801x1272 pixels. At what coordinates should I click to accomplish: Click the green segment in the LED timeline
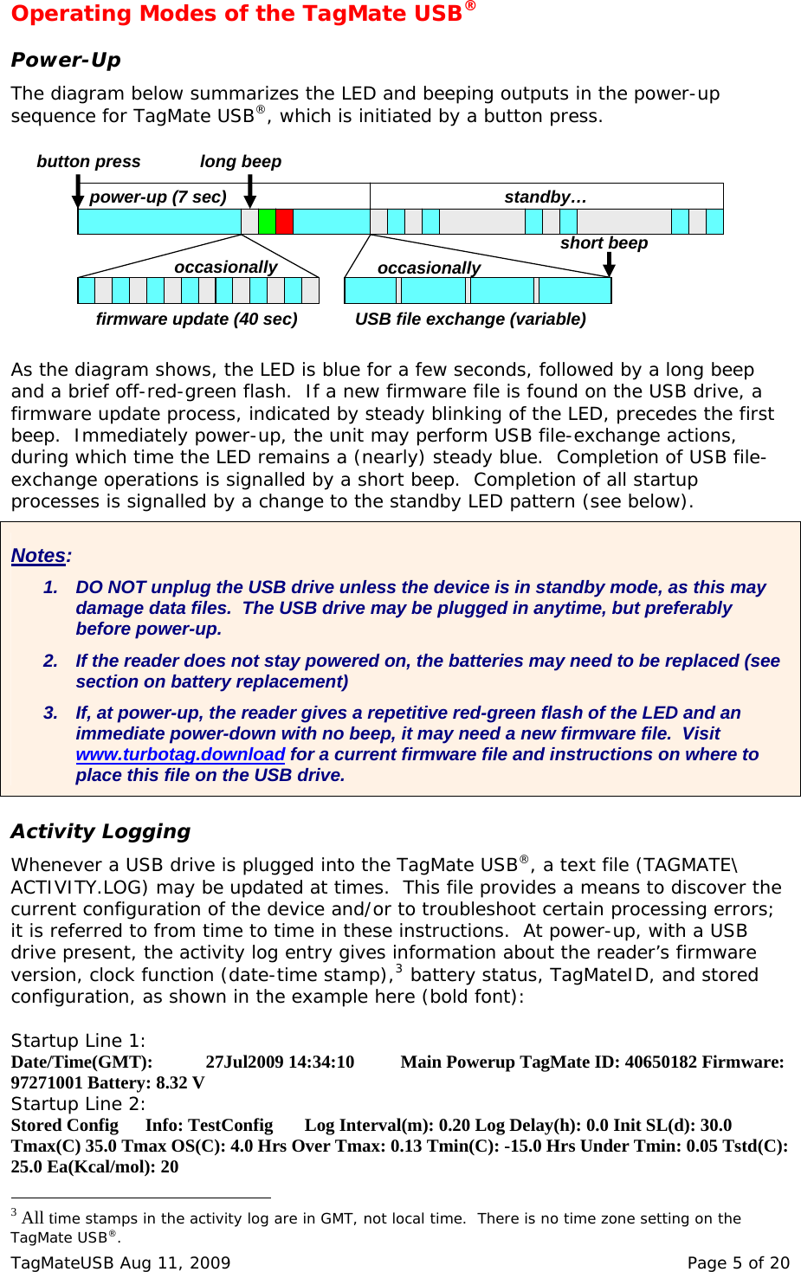[x=267, y=222]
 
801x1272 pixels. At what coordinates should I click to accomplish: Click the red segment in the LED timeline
[x=284, y=222]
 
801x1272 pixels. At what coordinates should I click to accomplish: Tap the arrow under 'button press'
[x=78, y=191]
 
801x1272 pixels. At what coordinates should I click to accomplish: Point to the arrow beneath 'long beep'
[x=249, y=191]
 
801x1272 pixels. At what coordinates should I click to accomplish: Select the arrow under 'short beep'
[x=609, y=264]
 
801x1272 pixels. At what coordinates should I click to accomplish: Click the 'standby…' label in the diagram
[x=546, y=197]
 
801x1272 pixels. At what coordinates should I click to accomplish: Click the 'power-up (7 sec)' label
[x=158, y=197]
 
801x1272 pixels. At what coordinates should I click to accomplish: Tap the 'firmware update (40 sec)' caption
[x=197, y=319]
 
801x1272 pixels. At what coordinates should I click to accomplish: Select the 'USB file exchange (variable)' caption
[x=470, y=319]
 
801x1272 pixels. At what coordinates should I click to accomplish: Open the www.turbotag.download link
[x=180, y=754]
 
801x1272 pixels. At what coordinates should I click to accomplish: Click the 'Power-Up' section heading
[x=66, y=60]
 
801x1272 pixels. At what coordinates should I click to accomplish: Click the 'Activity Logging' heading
[x=100, y=831]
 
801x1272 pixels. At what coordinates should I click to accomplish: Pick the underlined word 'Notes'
[x=39, y=556]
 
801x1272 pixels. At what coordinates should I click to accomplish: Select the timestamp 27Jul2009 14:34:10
[x=280, y=1062]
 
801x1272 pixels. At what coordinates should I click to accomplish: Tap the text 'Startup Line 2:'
[x=78, y=1104]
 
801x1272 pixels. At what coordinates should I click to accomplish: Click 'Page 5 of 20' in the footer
[x=738, y=1262]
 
